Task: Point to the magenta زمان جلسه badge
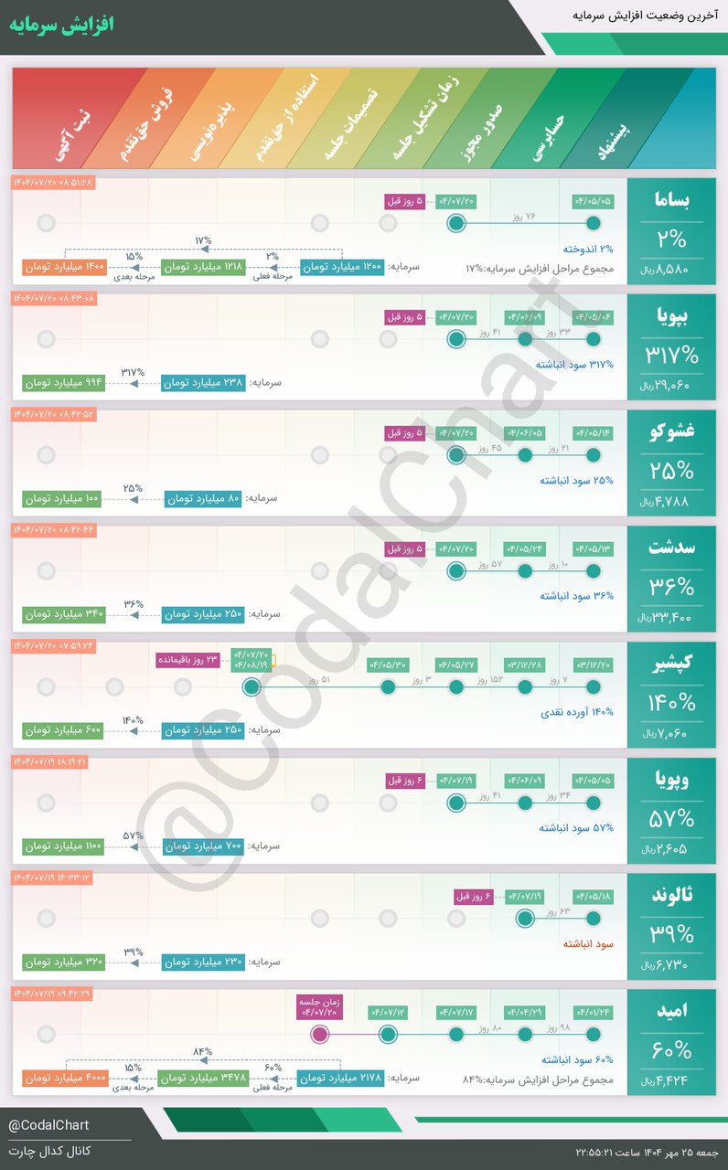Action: pos(319,1007)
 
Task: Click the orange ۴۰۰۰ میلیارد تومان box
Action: pos(65,1079)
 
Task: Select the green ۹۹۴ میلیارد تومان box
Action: pos(63,383)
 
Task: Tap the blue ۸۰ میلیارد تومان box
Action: pos(204,499)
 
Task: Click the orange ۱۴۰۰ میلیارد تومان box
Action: pos(65,268)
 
